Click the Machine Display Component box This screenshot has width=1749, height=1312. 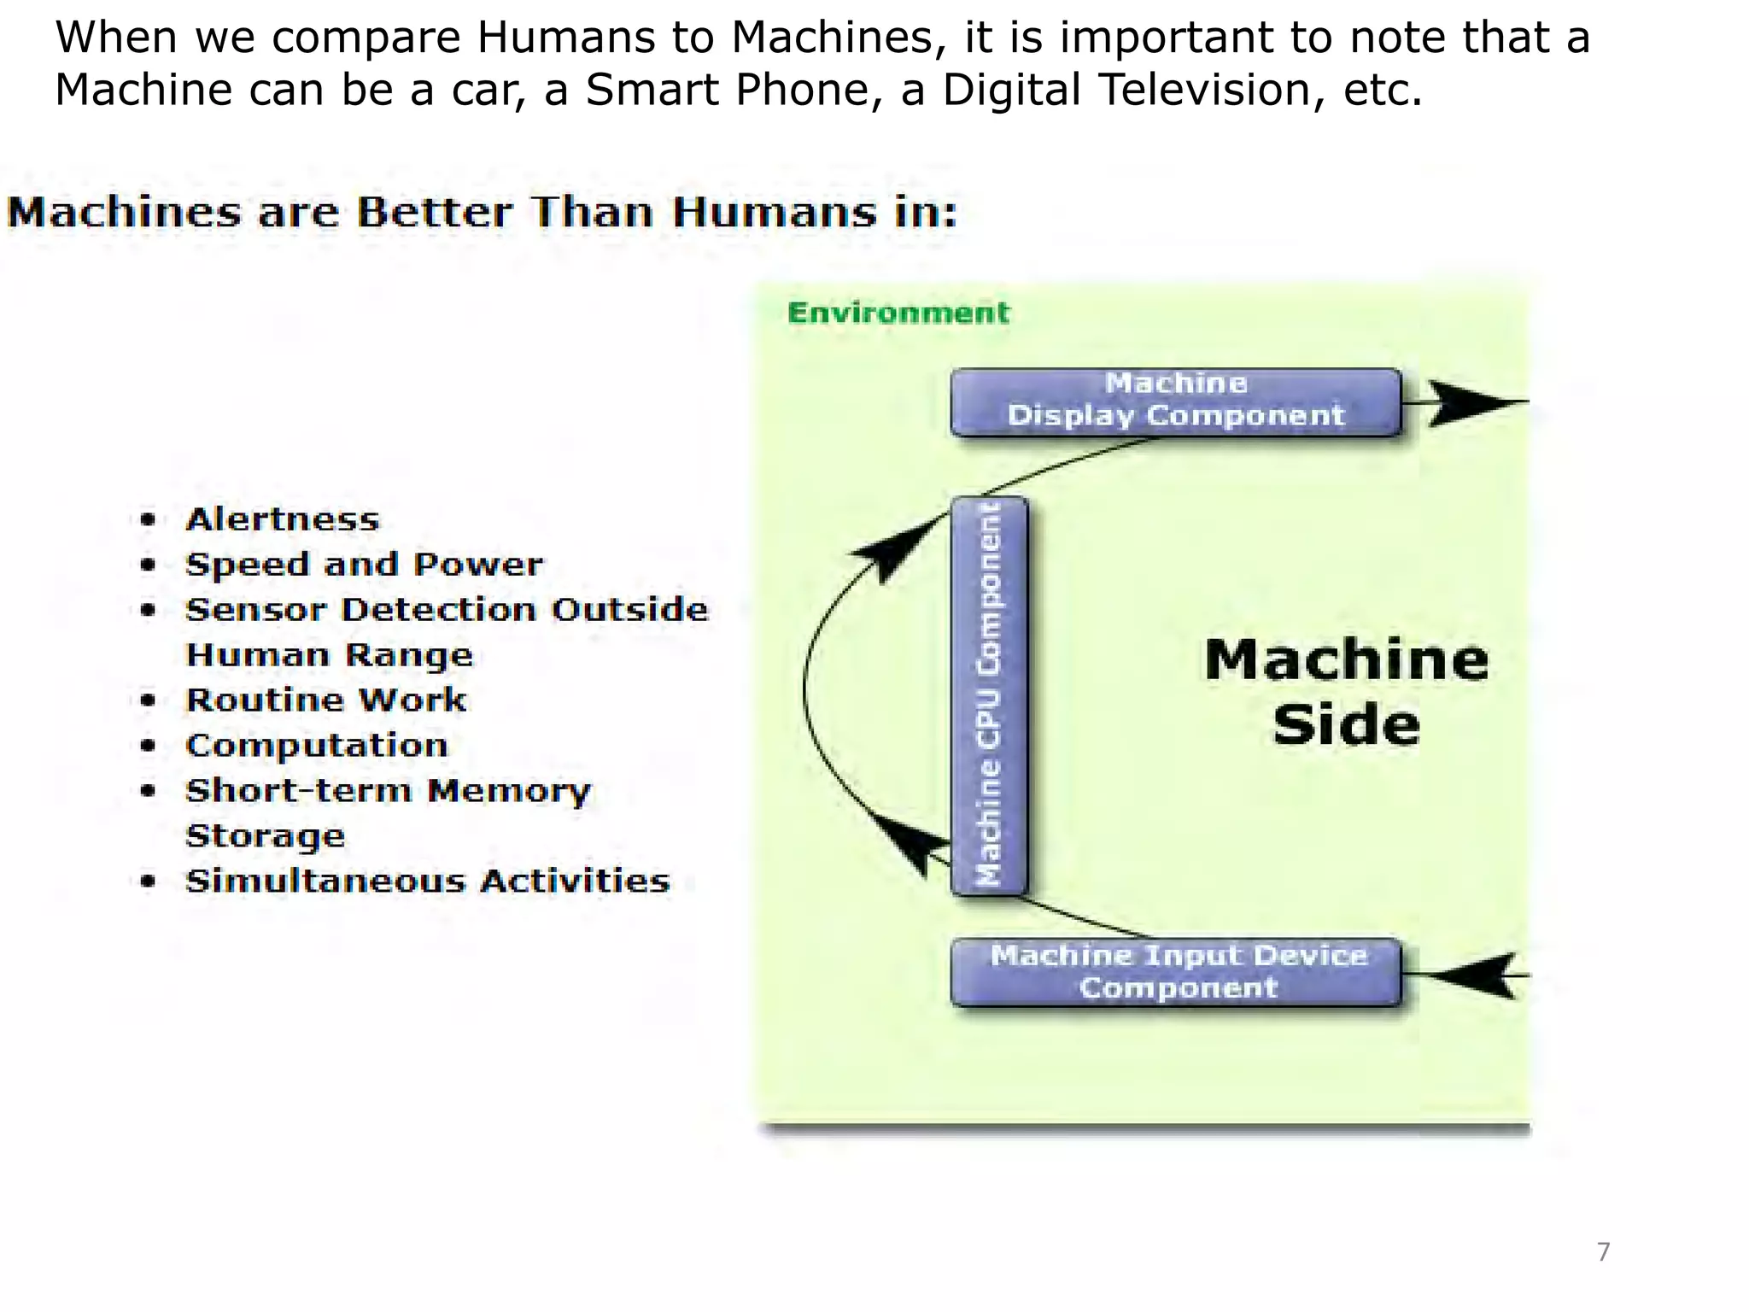[1175, 401]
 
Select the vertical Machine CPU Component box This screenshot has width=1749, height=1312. [989, 695]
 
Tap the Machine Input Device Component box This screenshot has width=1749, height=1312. [1177, 971]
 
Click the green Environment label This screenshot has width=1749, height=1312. [898, 313]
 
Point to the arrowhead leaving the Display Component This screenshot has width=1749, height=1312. [1473, 401]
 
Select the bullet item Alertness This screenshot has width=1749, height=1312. [282, 519]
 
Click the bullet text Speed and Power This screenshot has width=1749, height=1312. [364, 565]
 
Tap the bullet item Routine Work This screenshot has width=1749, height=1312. [326, 700]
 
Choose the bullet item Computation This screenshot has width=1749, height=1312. [317, 746]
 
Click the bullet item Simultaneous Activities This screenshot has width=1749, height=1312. [427, 881]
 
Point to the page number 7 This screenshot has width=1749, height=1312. [1603, 1252]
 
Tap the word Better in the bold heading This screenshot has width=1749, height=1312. [435, 212]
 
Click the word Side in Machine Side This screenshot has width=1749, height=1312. [1346, 725]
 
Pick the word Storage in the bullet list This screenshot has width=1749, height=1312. [266, 836]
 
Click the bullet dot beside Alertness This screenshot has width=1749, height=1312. [149, 519]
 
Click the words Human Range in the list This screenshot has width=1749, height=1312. [329, 655]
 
